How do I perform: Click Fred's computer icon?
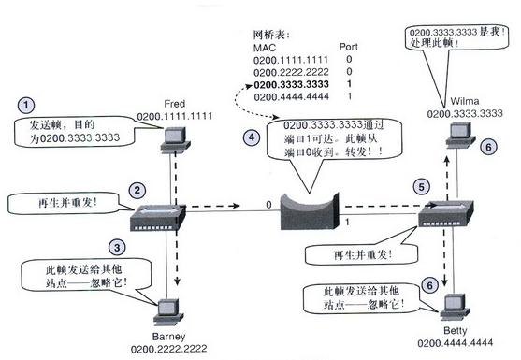point(175,140)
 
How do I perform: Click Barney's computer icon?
point(168,312)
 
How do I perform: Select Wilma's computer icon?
point(460,135)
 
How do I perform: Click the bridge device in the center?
point(310,212)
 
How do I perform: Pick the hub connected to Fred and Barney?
point(157,218)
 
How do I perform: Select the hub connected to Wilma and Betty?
point(445,213)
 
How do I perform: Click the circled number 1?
point(26,106)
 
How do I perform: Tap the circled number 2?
point(137,191)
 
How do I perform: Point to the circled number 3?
point(117,248)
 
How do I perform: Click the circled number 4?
point(252,137)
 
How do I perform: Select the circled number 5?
point(421,187)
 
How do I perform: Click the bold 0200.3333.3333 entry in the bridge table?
point(291,84)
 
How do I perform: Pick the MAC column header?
point(265,48)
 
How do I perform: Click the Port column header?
point(349,47)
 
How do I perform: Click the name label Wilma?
point(465,101)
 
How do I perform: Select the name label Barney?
point(168,337)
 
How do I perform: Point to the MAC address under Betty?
point(456,343)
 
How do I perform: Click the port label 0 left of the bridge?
point(268,205)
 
